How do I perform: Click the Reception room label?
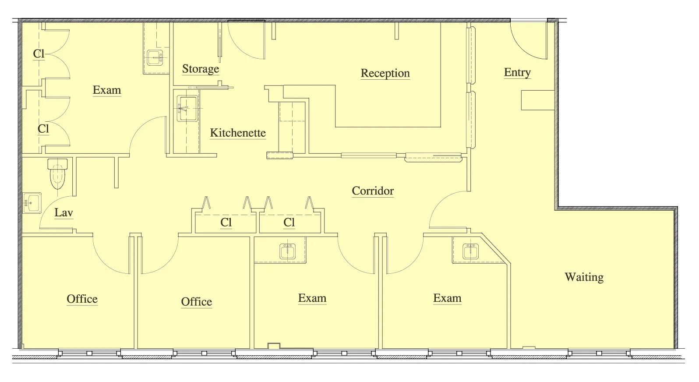coord(385,73)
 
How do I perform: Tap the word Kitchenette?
coord(238,133)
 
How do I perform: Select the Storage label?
coord(201,69)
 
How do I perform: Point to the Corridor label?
coord(373,191)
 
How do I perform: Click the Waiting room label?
coord(584,277)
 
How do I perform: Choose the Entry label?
coord(517,72)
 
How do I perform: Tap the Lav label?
coord(64,212)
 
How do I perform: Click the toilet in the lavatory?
coord(57,173)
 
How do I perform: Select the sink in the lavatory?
coord(32,203)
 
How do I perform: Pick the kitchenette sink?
coord(187,108)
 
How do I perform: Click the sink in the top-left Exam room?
coord(155,58)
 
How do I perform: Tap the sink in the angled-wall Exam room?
coord(470,251)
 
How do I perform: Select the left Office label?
coord(82,299)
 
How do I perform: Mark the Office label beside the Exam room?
coord(197,302)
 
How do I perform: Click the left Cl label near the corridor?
coord(226,223)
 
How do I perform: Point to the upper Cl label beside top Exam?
coord(39,54)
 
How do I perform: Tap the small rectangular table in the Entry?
coord(538,100)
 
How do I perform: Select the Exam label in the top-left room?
coord(107,90)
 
